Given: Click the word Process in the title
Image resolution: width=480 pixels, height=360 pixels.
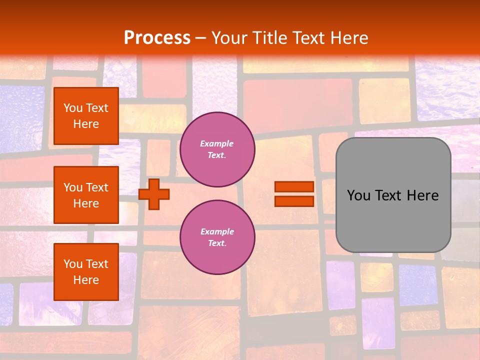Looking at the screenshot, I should coord(157,37).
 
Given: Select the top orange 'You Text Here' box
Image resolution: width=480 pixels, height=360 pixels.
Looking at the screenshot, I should coord(86,116).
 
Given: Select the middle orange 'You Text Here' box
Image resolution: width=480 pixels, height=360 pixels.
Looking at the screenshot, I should coord(86,195).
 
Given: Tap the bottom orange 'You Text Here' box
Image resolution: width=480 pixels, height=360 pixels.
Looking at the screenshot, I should coord(86,272).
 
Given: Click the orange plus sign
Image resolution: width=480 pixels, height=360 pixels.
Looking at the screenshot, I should coord(154,194).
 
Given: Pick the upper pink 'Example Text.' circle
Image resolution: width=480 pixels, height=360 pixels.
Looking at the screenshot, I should coord(217,149).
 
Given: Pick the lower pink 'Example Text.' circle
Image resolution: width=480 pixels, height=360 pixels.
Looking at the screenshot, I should coord(217,237).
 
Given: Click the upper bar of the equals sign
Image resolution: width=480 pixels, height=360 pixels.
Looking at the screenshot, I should coord(294,186).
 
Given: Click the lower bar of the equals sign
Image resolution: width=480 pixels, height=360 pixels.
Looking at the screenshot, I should coord(294,201).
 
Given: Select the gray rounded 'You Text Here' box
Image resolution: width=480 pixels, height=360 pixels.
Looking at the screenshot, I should coord(393,195).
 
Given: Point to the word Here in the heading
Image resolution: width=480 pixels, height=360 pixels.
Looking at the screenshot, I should coord(348,37).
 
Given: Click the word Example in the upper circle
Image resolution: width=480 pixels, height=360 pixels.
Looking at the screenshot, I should coord(217,143).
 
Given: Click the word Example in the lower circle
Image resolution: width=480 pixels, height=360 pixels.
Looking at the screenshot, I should coord(217,231).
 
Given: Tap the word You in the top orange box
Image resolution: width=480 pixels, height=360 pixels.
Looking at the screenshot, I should coord(72,108).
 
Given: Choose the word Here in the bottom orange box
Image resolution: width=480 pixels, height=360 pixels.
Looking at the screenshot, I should coord(86,280).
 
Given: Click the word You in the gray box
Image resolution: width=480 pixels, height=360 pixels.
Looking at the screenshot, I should coord(358,195).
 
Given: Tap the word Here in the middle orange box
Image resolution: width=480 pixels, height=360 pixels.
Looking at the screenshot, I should coord(86,203).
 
